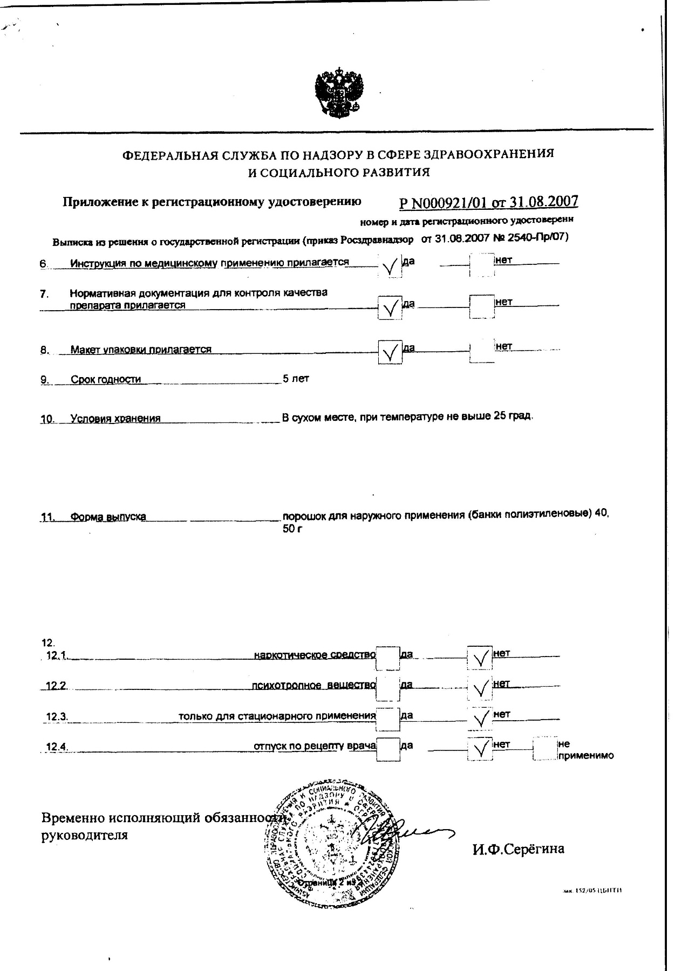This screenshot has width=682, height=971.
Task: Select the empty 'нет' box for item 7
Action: [x=481, y=306]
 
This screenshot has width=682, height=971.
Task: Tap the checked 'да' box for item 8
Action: [x=390, y=353]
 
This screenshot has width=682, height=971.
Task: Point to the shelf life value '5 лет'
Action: [x=295, y=379]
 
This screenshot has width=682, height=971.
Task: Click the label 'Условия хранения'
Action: [x=115, y=418]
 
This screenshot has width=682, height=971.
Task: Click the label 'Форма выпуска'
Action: [x=108, y=517]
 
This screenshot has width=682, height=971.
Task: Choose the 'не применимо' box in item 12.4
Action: [x=544, y=749]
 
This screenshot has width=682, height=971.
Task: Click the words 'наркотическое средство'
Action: [x=315, y=655]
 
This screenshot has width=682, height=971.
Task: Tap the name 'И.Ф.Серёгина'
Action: [x=518, y=849]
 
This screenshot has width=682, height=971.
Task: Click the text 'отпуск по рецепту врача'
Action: [x=315, y=746]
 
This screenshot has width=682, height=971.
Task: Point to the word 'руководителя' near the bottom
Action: [x=85, y=836]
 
